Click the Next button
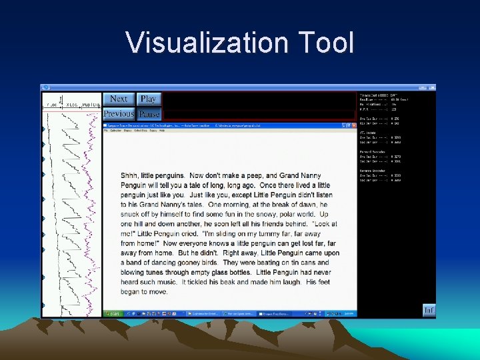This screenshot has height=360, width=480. click(119, 99)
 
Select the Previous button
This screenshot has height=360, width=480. click(119, 114)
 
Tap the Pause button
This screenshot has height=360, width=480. click(149, 114)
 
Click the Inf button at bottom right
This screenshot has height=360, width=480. click(429, 309)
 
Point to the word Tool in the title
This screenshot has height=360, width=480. click(325, 43)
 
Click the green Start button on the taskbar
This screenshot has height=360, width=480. click(113, 313)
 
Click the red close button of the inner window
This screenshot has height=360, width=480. click(353, 125)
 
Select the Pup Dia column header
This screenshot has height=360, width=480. click(91, 105)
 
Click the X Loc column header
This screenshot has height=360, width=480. click(71, 105)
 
